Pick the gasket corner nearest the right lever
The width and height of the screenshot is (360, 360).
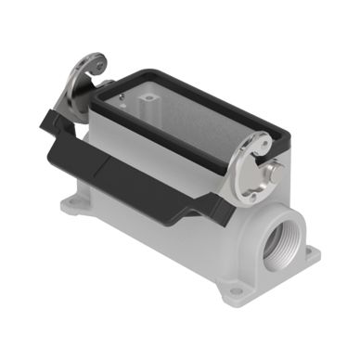pyautogui.click(x=243, y=144)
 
